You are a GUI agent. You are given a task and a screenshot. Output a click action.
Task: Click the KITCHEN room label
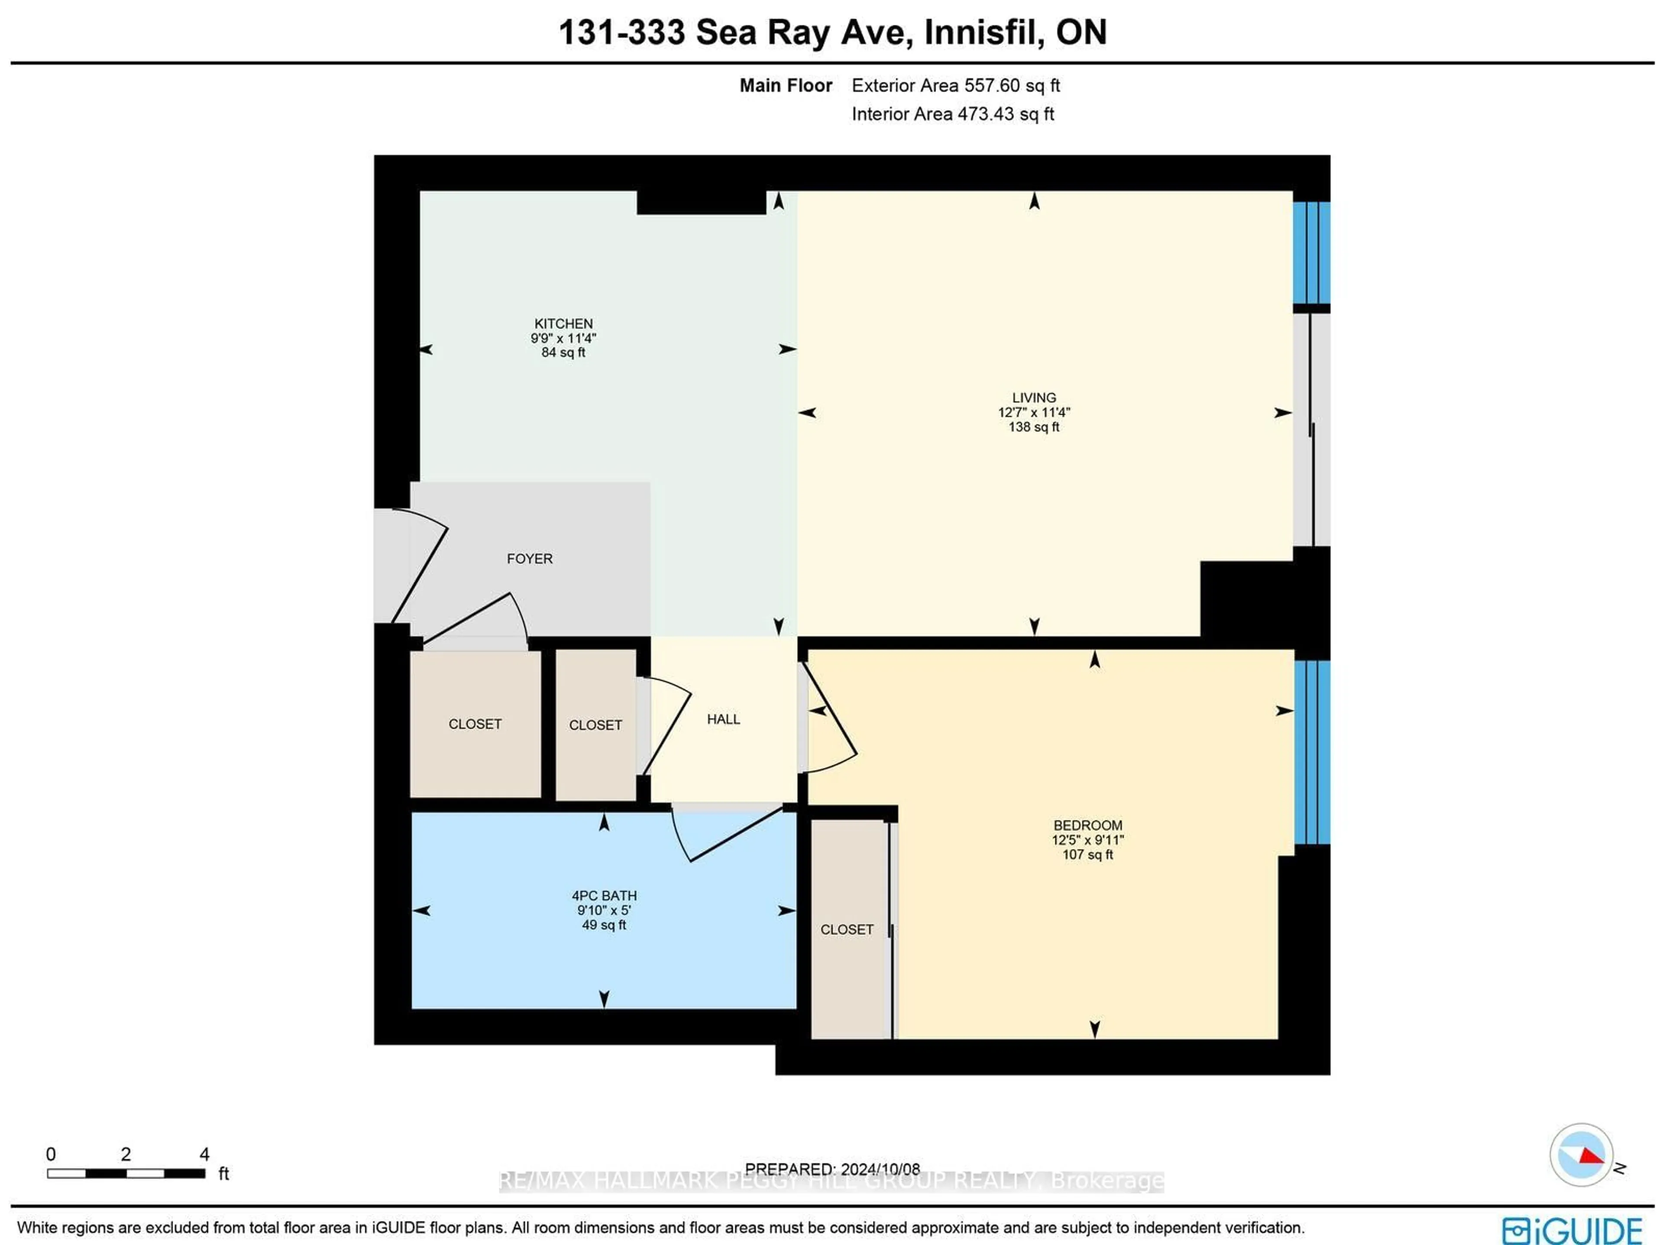[x=563, y=323]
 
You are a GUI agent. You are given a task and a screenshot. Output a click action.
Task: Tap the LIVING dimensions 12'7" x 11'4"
[x=1034, y=412]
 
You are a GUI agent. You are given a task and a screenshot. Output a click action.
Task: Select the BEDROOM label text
[x=1087, y=825]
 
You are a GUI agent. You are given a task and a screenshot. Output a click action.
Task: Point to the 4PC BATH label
[x=604, y=896]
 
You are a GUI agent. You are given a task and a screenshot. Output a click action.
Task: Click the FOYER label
[x=529, y=559]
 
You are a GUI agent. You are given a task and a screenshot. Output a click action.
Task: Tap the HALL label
[x=723, y=719]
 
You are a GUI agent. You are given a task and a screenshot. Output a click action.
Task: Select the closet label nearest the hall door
[x=595, y=725]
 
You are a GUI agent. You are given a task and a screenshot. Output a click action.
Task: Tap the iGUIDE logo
[x=1571, y=1230]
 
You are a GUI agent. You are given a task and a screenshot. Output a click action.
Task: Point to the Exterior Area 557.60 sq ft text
[x=955, y=86]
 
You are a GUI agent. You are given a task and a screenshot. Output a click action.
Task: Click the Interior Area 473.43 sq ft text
[x=952, y=114]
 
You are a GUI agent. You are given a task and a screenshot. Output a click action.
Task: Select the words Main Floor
[x=786, y=86]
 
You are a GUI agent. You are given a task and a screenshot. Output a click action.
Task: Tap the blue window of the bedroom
[x=1312, y=752]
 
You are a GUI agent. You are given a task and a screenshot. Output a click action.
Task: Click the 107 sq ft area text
[x=1087, y=855]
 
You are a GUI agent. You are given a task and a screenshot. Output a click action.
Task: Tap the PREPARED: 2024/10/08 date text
[x=832, y=1169]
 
